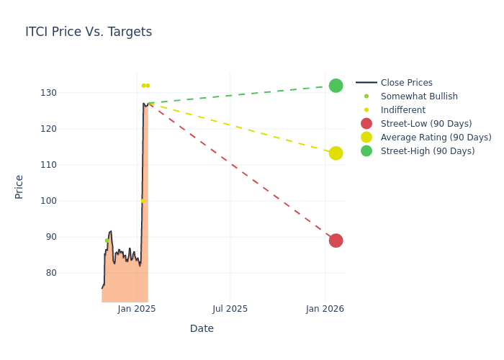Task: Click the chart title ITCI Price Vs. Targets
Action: [x=89, y=32]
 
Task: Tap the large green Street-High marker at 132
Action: [x=336, y=86]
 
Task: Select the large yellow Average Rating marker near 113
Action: [x=336, y=153]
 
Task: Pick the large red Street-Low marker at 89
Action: [x=336, y=240]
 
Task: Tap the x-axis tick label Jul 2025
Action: [x=230, y=309]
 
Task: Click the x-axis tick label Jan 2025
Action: [x=137, y=309]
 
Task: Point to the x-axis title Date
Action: [x=202, y=329]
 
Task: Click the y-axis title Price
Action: [x=19, y=186]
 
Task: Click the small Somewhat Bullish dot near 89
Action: [x=107, y=240]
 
